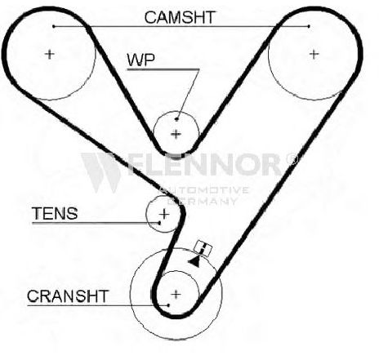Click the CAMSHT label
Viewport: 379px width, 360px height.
pos(180,17)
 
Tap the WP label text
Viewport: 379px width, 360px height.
pos(140,60)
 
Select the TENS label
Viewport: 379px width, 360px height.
pos(55,213)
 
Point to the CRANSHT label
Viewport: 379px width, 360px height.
pos(68,296)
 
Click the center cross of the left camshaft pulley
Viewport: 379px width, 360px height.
pos(50,54)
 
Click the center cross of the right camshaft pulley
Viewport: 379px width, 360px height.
pos(314,54)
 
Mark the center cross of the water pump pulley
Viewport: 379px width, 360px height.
pos(176,134)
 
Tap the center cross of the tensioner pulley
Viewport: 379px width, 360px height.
pos(164,214)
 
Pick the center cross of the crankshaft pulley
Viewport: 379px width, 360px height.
pos(176,294)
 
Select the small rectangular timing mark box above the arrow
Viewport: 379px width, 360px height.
pos(203,248)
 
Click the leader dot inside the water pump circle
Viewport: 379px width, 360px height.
pos(176,119)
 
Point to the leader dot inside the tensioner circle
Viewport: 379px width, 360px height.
pos(159,223)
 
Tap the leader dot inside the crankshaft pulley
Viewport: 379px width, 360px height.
pos(168,305)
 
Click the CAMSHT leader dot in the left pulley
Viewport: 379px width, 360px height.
pos(54,26)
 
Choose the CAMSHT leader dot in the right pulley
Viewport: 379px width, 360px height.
pos(309,26)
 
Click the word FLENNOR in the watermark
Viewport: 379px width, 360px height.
pos(206,164)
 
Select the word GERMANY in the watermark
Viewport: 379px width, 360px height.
pos(202,201)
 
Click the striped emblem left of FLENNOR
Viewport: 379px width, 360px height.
pos(100,172)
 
